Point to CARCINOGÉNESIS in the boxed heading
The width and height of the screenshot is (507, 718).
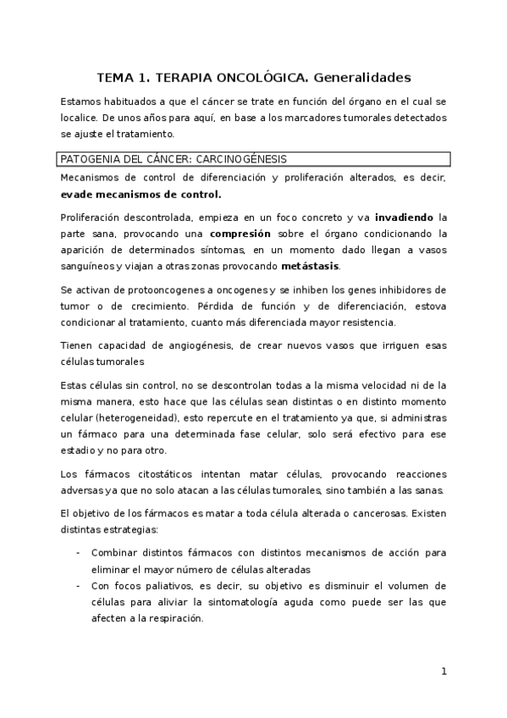pos(244,159)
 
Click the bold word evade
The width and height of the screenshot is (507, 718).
pos(77,194)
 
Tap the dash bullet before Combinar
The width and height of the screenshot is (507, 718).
pos(79,554)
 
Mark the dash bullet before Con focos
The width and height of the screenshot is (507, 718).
pos(79,586)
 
